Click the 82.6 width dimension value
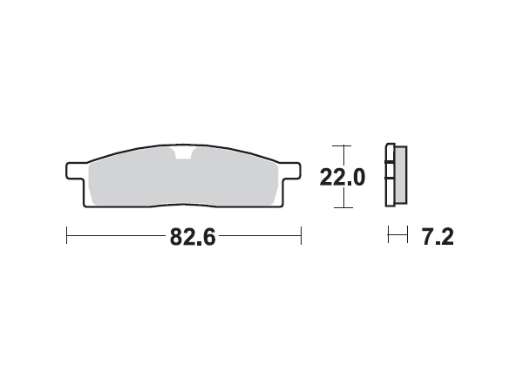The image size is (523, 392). point(186,237)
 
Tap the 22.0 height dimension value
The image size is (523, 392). point(342,177)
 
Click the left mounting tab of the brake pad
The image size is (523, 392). point(75,169)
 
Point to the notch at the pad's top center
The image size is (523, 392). point(183,155)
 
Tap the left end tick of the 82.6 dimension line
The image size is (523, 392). point(68,236)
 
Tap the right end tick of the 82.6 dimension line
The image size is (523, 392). point(301,236)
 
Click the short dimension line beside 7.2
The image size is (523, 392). point(397,236)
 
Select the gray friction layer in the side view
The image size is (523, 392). point(400,175)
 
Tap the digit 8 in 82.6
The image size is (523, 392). point(168,237)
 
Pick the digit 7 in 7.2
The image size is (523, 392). point(428,237)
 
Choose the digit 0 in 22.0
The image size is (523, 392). point(356,177)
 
